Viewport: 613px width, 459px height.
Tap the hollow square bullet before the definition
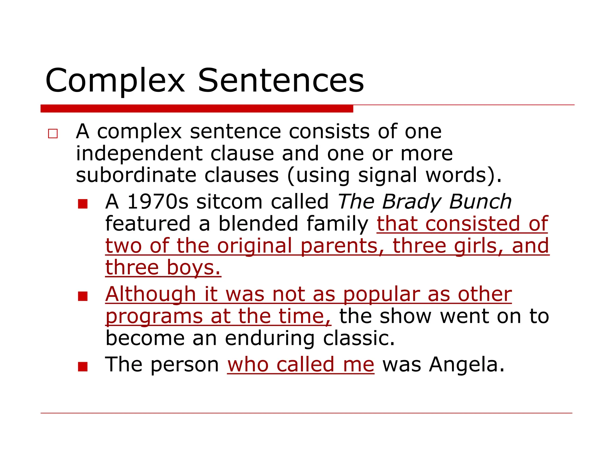coord(53,134)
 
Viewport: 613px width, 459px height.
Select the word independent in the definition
coord(139,154)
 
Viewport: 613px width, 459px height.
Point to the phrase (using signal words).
coord(394,175)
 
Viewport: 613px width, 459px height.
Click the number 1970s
coord(158,201)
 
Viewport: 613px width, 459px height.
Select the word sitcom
coord(229,202)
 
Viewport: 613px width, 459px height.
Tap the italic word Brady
coord(411,202)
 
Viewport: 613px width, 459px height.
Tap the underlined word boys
coord(193,268)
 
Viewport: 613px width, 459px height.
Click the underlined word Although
coord(151,294)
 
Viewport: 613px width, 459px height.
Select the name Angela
coord(466,365)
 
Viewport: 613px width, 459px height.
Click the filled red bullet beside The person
coord(83,366)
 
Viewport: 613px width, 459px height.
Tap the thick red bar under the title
coord(197,108)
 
